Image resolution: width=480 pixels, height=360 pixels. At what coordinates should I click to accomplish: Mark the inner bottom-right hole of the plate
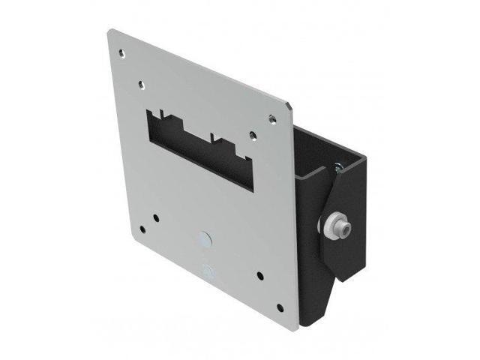tap(258, 274)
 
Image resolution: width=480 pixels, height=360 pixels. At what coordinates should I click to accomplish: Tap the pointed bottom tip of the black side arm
tap(339, 280)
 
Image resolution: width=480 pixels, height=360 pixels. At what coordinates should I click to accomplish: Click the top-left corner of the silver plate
tap(109, 31)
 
